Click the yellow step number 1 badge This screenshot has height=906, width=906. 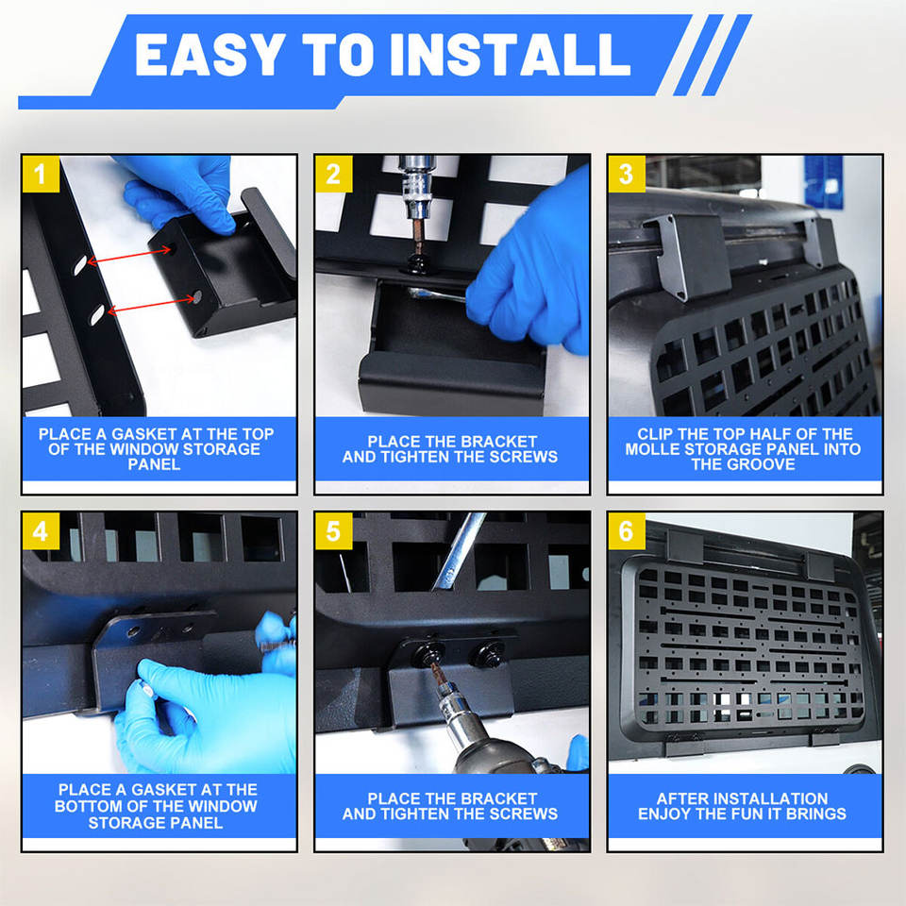click(41, 174)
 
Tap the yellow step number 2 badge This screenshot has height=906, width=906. click(333, 174)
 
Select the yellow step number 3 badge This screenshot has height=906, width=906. click(627, 174)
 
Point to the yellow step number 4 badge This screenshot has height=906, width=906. click(41, 530)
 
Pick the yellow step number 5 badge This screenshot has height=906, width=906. click(333, 530)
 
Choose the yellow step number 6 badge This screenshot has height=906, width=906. click(627, 530)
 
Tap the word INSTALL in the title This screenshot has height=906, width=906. click(510, 55)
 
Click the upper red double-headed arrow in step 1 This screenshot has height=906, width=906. click(129, 256)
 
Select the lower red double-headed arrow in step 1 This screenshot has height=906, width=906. click(151, 305)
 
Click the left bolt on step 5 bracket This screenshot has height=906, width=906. click(428, 653)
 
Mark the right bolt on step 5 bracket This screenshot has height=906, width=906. click(487, 653)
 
